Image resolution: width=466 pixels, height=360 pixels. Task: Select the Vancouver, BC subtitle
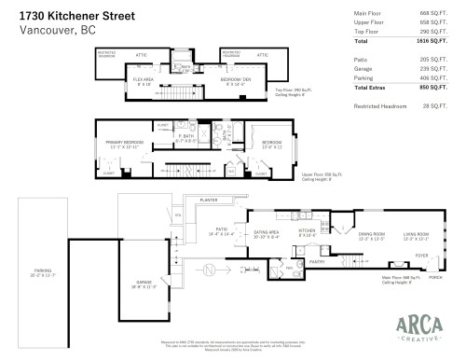point(49,30)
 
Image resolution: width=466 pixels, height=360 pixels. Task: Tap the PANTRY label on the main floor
point(319,263)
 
